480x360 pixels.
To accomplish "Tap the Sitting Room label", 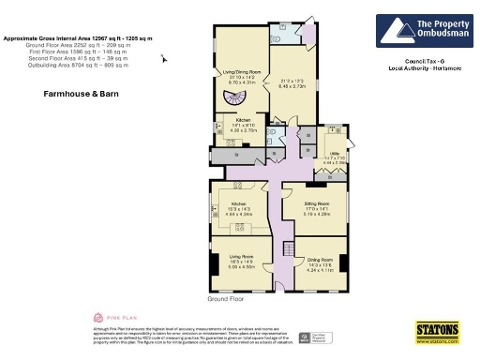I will point(316,202).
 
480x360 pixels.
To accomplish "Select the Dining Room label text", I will point(320,260).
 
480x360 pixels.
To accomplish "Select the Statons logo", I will point(437,332).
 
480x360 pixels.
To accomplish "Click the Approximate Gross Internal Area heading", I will point(77,38).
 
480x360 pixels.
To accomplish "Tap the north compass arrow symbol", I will point(165,59).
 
